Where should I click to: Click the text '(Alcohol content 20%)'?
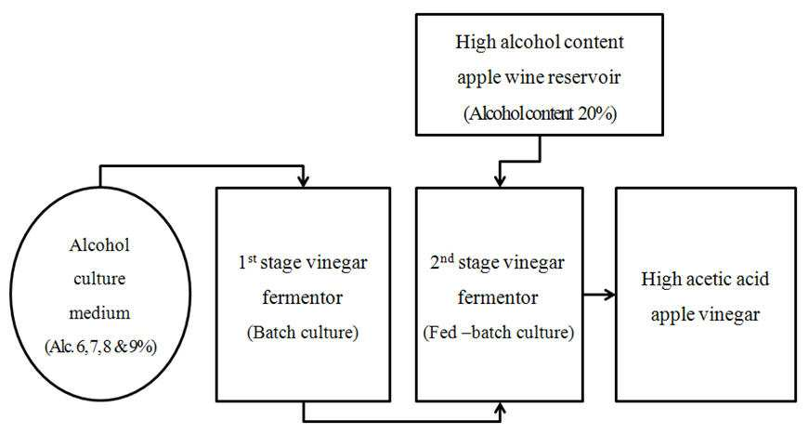point(540,113)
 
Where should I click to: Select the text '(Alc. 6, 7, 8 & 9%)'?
point(100,347)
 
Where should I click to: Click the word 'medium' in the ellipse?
point(99,313)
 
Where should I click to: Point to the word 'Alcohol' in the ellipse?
point(99,244)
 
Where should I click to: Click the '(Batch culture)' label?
point(303,332)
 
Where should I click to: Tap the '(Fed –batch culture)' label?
point(499,332)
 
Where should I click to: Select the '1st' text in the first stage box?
point(247,262)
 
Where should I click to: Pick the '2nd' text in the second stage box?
point(442,262)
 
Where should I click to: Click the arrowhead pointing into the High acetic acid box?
point(610,295)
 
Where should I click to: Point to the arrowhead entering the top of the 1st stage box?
point(304,181)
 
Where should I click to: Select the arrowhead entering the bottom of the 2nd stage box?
point(500,408)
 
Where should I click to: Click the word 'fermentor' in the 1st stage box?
point(303,297)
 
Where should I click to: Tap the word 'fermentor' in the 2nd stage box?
point(498,297)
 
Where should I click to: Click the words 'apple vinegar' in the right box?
point(705,315)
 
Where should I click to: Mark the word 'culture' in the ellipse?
point(99,279)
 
